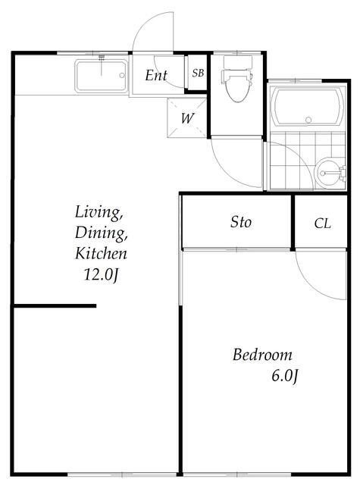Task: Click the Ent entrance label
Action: (156, 75)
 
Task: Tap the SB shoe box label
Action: (198, 73)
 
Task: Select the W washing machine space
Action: (186, 117)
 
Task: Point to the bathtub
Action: (308, 107)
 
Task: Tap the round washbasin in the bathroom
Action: (327, 173)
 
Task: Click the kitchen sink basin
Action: (101, 76)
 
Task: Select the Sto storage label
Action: (240, 222)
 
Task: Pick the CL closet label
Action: (322, 224)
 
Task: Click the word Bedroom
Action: (262, 355)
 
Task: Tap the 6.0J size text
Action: (285, 376)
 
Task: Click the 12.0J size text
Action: (101, 274)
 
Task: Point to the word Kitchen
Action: (101, 253)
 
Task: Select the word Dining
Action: (101, 233)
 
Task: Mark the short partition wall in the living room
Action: (55, 306)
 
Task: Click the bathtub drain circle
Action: (308, 120)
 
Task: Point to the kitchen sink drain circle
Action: (122, 75)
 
